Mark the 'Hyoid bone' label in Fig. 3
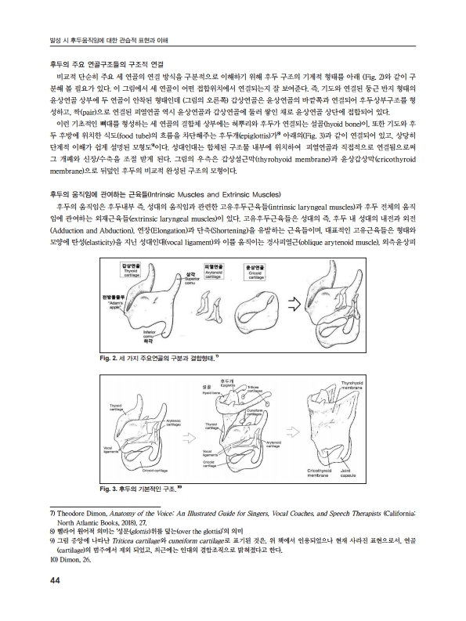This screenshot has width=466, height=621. [207, 389]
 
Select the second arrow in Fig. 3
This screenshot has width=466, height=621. [294, 429]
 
